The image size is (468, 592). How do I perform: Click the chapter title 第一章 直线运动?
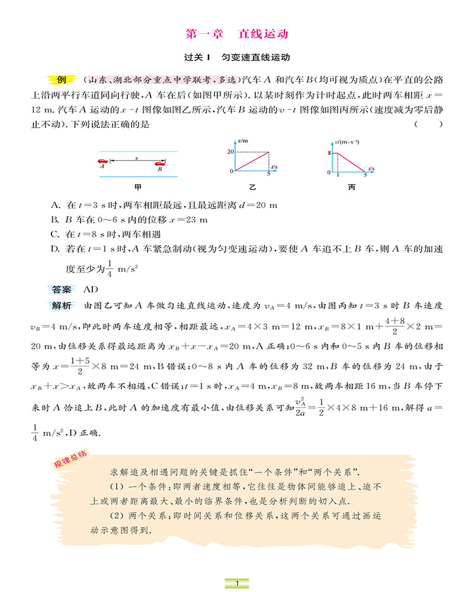[237, 34]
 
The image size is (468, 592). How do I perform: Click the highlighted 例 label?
[61, 80]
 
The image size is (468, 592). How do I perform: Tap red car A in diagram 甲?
[103, 161]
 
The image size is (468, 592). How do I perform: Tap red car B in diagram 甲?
[159, 161]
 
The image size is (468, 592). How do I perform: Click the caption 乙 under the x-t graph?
[252, 187]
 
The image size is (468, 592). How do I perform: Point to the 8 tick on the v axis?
[329, 153]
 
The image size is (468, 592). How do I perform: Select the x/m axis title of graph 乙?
[242, 141]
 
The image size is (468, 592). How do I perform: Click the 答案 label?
[61, 289]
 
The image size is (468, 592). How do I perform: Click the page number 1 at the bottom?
[236, 584]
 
